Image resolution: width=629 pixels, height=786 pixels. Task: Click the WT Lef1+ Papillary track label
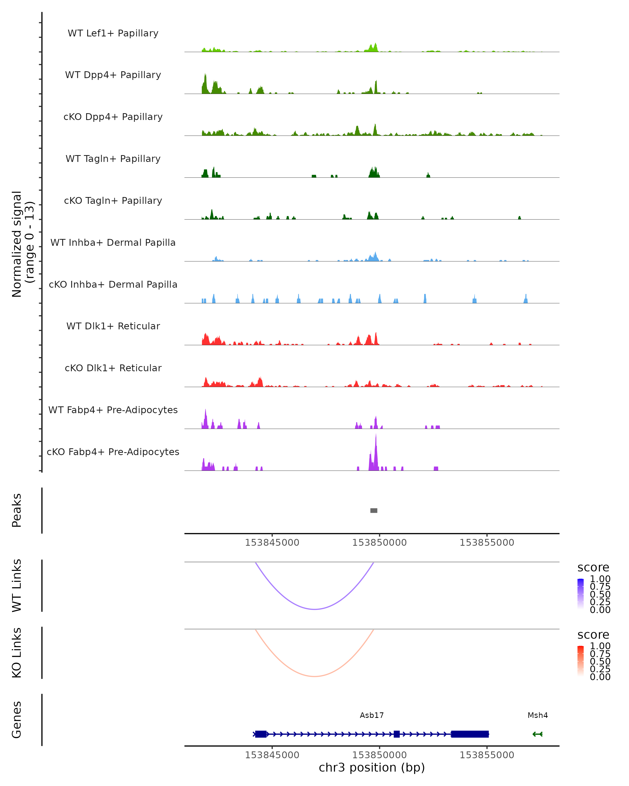[113, 33]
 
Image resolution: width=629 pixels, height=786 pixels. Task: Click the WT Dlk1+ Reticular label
[113, 326]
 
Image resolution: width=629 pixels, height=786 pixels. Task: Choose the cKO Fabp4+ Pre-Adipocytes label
[113, 452]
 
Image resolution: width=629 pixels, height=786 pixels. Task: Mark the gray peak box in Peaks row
[374, 510]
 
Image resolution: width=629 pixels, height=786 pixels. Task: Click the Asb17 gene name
[372, 715]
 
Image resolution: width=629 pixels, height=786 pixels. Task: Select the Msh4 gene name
[538, 715]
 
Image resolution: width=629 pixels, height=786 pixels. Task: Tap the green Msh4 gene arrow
[538, 734]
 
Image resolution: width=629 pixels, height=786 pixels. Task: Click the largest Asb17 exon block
[470, 734]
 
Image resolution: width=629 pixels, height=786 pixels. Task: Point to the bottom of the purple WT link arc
[314, 609]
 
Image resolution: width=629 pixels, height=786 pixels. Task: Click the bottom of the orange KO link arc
[314, 676]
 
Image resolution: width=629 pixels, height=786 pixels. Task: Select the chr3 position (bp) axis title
[372, 767]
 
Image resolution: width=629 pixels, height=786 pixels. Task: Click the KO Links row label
[17, 653]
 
